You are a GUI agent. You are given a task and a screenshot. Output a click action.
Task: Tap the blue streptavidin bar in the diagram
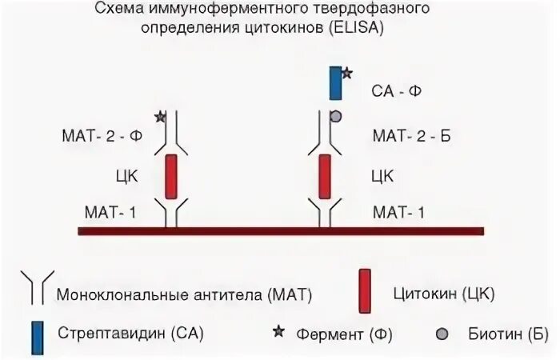[335, 84]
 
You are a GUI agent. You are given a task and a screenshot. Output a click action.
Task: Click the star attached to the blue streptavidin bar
[346, 74]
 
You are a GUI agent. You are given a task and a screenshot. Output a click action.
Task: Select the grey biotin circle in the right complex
[336, 117]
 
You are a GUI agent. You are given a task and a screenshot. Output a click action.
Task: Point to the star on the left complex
[160, 117]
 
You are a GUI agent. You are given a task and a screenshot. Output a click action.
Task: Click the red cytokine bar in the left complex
[170, 176]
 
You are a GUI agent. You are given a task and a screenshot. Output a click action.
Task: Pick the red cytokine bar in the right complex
[326, 176]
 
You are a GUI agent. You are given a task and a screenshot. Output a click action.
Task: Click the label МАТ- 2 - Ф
[114, 136]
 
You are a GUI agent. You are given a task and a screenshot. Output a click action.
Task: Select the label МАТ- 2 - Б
[411, 136]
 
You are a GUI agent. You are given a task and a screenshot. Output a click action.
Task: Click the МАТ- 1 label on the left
[114, 212]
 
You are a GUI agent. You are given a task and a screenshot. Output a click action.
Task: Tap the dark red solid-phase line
[280, 231]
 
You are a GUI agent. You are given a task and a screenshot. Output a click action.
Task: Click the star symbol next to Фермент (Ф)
[279, 332]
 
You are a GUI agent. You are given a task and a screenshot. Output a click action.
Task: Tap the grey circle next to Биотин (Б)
[442, 333]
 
